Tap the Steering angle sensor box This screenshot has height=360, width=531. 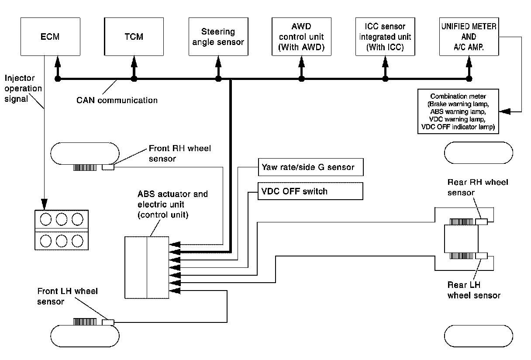218,37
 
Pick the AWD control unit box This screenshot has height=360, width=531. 301,37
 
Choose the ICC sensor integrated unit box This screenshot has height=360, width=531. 385,37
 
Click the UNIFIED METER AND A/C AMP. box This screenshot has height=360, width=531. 469,37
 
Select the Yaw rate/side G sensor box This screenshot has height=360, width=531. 310,167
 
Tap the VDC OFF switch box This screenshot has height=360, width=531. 310,191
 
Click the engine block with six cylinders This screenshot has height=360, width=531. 59,229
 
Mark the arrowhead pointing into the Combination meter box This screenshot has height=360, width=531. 504,111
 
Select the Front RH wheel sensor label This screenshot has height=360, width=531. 179,153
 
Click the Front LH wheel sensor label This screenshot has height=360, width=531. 67,296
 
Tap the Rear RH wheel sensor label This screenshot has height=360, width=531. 478,187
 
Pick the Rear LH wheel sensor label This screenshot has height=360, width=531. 474,291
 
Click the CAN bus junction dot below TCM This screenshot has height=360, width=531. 134,79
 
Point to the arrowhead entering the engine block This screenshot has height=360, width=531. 44,204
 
